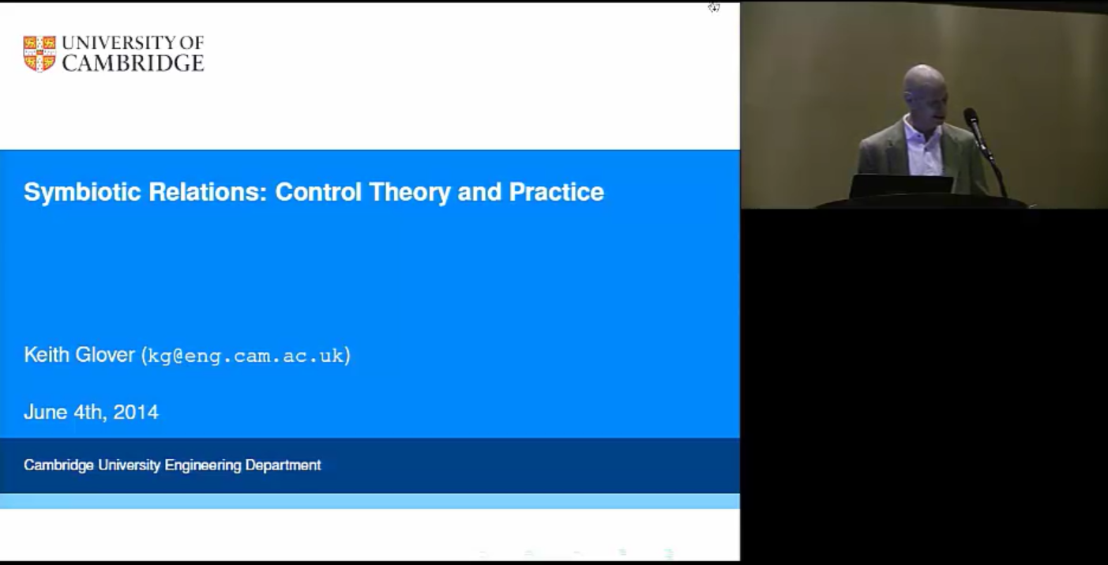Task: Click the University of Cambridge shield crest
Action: click(39, 54)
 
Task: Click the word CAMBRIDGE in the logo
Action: click(133, 63)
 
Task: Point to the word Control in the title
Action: click(318, 192)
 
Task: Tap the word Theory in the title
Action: click(410, 193)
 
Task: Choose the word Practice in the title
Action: click(556, 192)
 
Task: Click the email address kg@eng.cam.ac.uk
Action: click(246, 356)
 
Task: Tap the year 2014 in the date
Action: click(136, 412)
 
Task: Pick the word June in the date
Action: click(46, 412)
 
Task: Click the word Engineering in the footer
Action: click(203, 465)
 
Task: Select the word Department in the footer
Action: click(283, 465)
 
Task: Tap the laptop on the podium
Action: click(901, 186)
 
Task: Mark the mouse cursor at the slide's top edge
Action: click(714, 7)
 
